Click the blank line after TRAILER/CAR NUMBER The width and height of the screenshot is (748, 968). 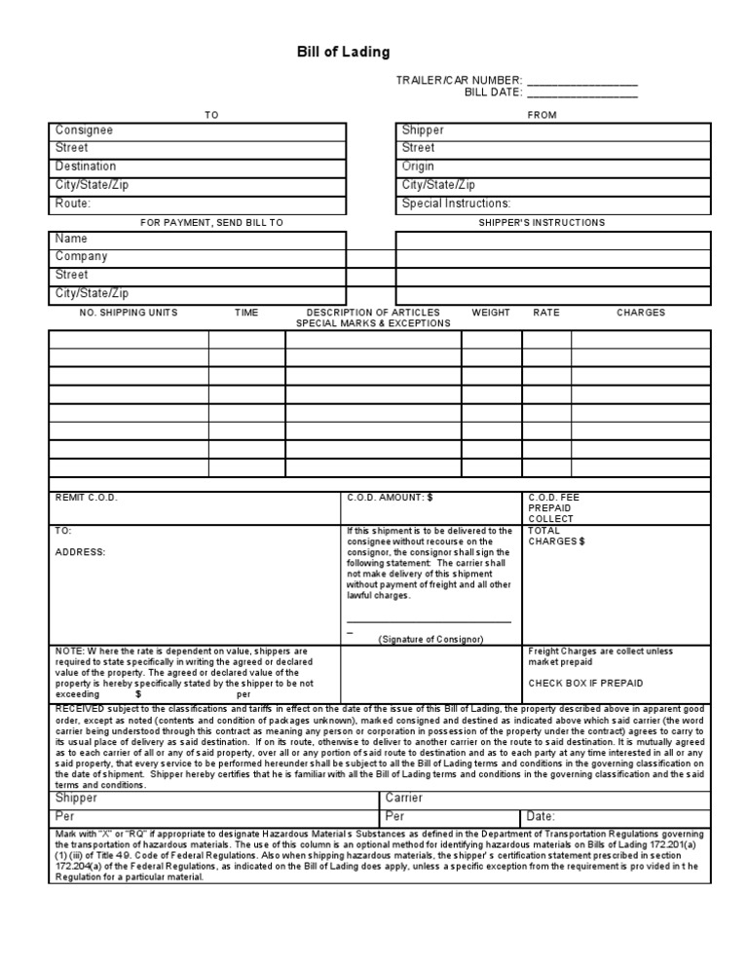(x=582, y=82)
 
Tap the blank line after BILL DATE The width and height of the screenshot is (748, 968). (x=582, y=94)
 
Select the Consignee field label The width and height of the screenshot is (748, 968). (x=84, y=130)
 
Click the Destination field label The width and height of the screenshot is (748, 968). (x=86, y=167)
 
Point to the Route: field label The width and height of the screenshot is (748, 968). (x=73, y=204)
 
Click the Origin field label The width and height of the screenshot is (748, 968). (x=419, y=167)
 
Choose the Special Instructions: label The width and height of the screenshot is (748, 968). (x=456, y=204)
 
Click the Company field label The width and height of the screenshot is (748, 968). (x=82, y=257)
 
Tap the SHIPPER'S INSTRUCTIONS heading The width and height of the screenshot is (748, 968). (x=542, y=223)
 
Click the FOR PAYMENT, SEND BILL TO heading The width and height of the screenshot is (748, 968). (x=211, y=223)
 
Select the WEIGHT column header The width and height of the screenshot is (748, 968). (x=491, y=313)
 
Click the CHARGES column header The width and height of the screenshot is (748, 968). (x=641, y=313)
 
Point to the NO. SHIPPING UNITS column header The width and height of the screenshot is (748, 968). (x=129, y=313)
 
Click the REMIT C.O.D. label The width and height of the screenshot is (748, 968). (x=87, y=497)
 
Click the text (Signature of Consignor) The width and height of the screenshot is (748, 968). (x=430, y=639)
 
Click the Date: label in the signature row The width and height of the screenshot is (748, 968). (x=541, y=816)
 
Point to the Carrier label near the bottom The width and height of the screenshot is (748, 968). (x=404, y=799)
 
